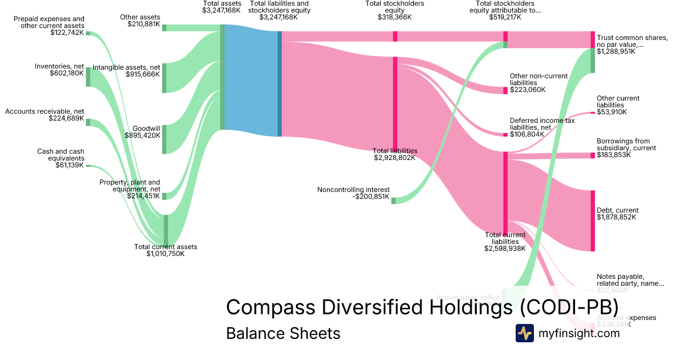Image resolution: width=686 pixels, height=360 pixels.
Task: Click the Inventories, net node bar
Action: (x=88, y=77)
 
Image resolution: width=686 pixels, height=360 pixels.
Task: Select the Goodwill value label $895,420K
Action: (x=142, y=135)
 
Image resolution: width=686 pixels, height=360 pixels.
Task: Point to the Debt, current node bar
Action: (x=593, y=221)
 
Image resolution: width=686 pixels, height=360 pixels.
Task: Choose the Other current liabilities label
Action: (x=618, y=102)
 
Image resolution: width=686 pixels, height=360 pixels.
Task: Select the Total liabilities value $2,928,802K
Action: (x=394, y=158)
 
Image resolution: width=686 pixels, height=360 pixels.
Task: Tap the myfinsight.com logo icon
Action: (x=524, y=333)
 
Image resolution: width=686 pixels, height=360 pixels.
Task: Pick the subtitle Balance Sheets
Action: (x=283, y=333)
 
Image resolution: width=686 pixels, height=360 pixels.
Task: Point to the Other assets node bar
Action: (x=164, y=27)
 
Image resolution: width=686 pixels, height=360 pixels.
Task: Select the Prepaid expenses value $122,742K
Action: (x=67, y=33)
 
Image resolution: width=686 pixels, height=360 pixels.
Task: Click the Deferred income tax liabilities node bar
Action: (x=505, y=135)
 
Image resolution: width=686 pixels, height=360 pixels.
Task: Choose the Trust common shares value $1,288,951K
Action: (x=616, y=51)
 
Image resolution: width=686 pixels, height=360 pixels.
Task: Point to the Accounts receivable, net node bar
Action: (x=88, y=122)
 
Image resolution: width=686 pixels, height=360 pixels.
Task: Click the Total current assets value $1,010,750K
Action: (x=166, y=254)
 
